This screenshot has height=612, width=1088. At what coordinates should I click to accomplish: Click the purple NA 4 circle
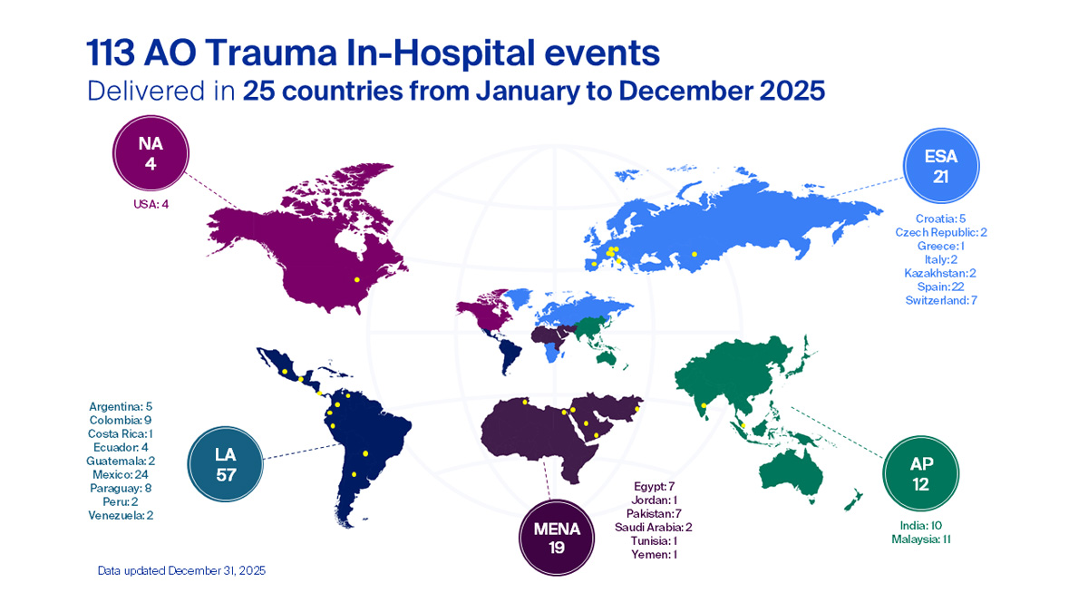[x=151, y=155]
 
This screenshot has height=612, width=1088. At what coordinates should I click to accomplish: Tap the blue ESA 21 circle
[x=940, y=165]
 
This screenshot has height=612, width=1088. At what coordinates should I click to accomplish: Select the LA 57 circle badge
[x=225, y=464]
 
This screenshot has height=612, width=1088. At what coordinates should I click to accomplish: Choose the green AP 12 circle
[x=920, y=475]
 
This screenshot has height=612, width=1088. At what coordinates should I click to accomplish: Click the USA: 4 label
[x=151, y=204]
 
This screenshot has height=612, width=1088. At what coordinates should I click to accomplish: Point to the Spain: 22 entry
[x=940, y=286]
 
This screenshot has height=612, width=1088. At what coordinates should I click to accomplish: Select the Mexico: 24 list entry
[x=127, y=474]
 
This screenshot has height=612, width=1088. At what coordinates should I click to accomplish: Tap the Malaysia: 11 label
[x=920, y=539]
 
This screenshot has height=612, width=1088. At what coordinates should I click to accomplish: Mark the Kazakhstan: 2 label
[x=940, y=272]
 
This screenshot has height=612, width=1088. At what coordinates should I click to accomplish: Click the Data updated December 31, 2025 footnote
[x=181, y=571]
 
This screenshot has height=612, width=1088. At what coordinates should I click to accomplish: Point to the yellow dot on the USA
[x=356, y=278]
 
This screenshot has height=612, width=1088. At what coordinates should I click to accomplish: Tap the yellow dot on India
[x=704, y=404]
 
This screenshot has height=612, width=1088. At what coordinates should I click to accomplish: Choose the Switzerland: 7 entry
[x=940, y=299]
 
